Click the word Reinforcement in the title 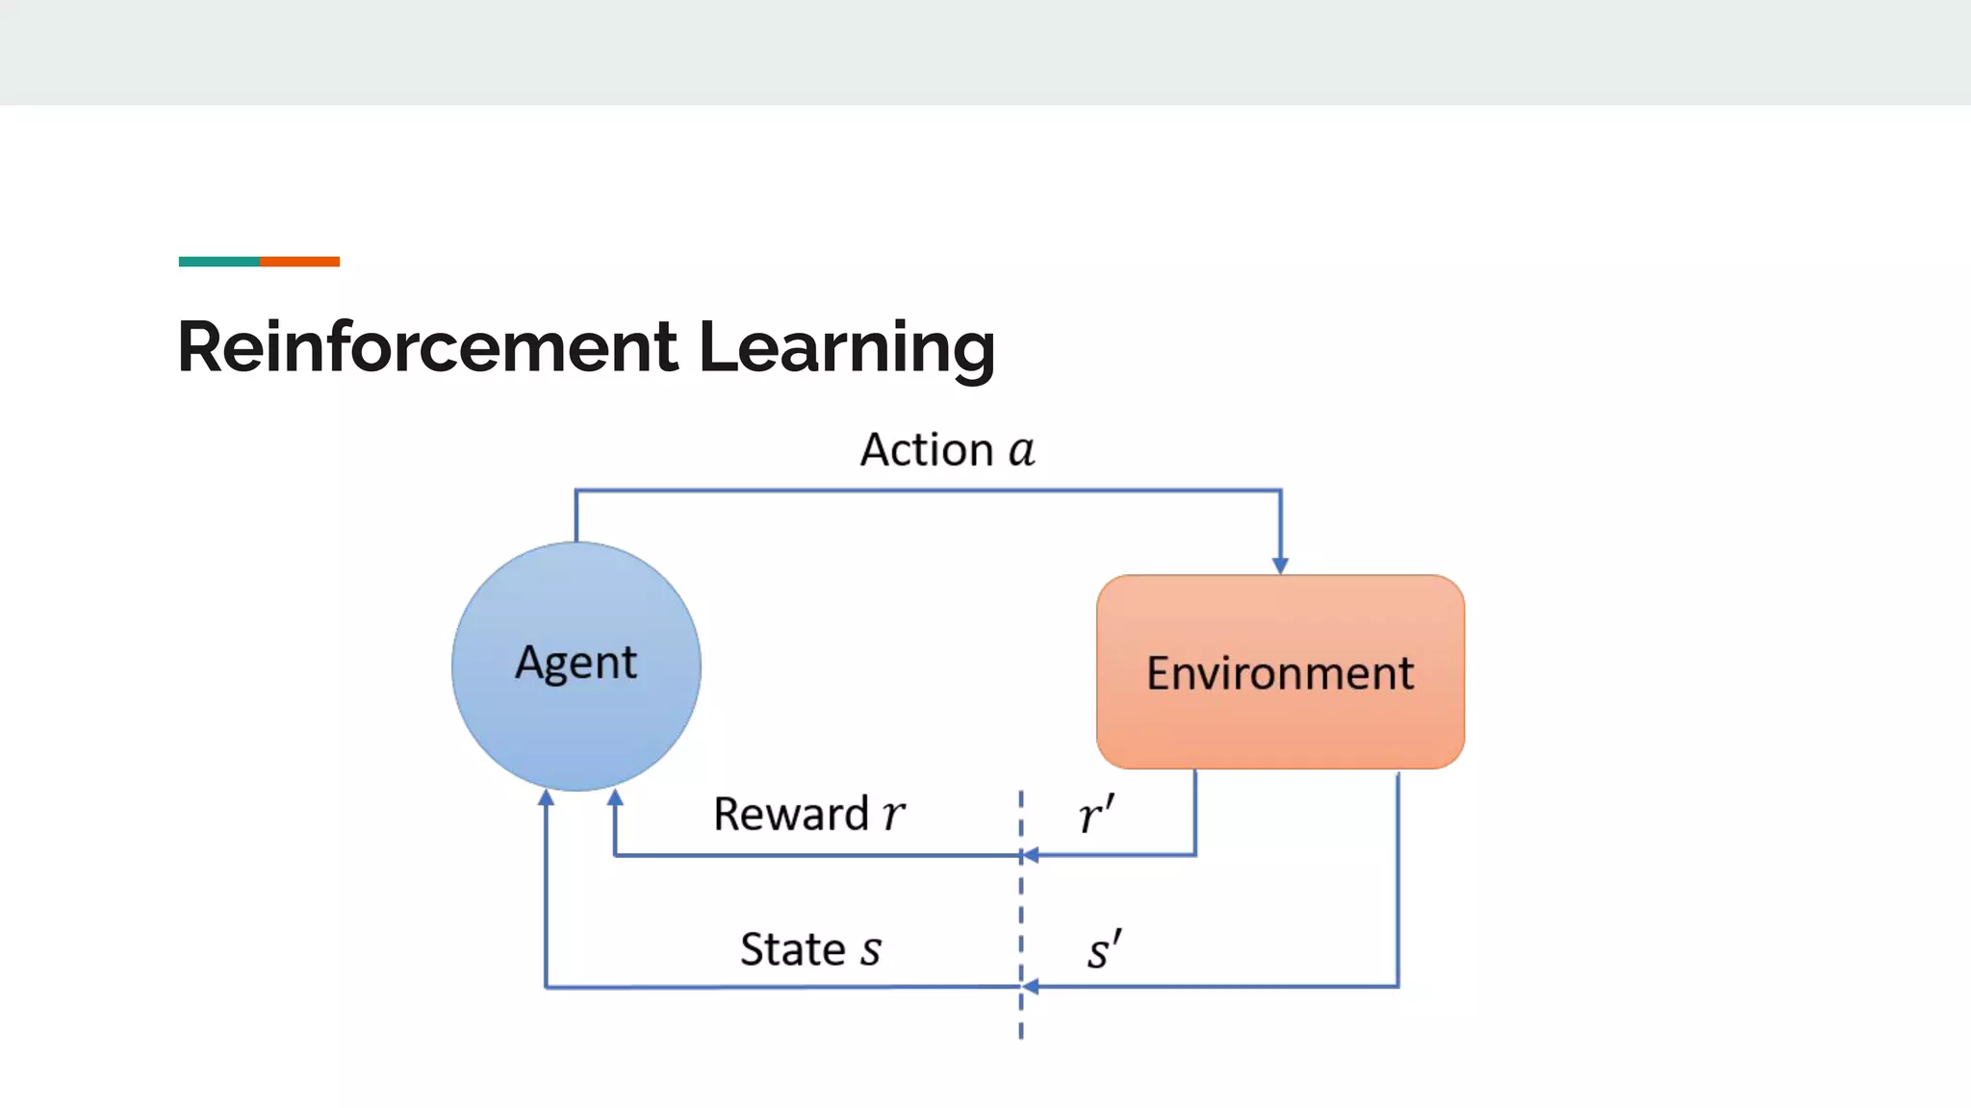coord(427,347)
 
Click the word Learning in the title coord(846,347)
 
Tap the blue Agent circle coord(576,666)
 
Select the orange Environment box coord(1280,672)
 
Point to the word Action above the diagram coord(927,450)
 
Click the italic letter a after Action coord(1021,451)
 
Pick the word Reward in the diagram coord(791,815)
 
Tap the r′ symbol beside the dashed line coord(1096,816)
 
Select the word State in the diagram coord(792,949)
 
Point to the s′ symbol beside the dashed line coord(1104,950)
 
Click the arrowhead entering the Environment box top coord(1280,566)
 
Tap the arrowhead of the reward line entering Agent coord(615,797)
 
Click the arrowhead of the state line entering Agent coord(546,797)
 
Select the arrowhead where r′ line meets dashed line coord(1030,854)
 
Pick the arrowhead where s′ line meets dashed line coord(1030,986)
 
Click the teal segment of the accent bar coord(218,262)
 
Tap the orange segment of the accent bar coord(299,262)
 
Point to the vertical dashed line coord(1021,914)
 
